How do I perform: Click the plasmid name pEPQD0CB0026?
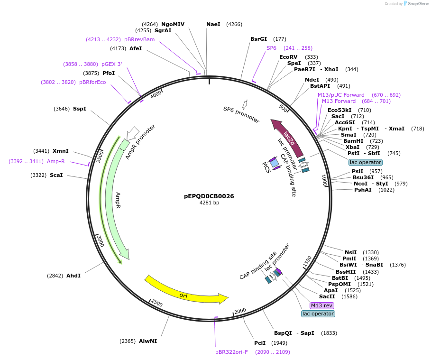pos(209,196)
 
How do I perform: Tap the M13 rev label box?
pos(321,305)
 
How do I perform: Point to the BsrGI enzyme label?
pos(258,39)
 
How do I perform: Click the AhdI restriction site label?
pos(73,276)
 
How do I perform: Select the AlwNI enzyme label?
pos(148,341)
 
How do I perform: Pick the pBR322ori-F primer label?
pos(231,352)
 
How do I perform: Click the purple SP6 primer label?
pos(271,48)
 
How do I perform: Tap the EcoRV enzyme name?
pos(288,57)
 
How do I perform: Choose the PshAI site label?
pos(363,190)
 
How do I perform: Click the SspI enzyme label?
pos(80,109)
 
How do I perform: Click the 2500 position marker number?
pos(156,304)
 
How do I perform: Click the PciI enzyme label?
pos(260,343)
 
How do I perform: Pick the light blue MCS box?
pos(274,162)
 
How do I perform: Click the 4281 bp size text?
pos(209,203)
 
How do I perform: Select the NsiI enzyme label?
pos(351,252)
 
